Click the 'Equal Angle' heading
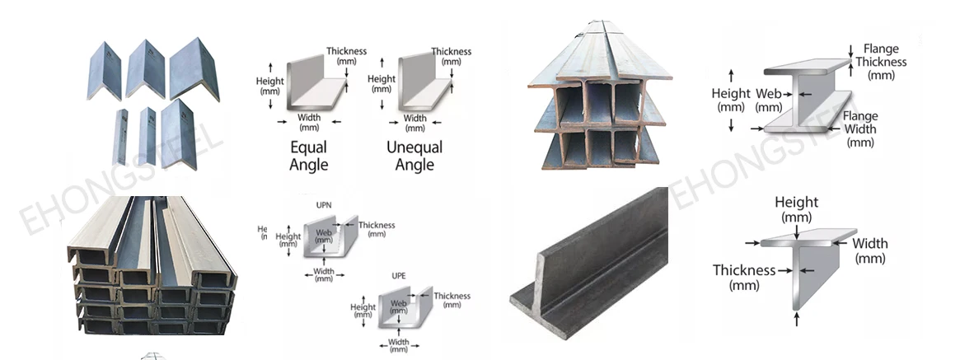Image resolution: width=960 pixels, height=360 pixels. (x=309, y=156)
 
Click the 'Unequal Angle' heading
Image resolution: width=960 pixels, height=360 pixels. (x=414, y=156)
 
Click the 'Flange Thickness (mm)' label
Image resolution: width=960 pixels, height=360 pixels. (x=880, y=62)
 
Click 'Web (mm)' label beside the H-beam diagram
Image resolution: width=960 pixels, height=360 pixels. (x=769, y=100)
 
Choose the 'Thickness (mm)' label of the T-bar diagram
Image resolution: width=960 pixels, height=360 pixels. (x=744, y=277)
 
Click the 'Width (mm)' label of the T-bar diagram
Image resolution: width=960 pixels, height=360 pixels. (x=870, y=250)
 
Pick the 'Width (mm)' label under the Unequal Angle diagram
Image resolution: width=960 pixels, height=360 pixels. (x=415, y=123)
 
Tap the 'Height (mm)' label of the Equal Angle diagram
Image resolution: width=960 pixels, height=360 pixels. (x=269, y=86)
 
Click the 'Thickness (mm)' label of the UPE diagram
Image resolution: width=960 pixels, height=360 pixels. (x=452, y=300)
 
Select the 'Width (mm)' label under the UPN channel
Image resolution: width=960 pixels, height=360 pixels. (x=324, y=275)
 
